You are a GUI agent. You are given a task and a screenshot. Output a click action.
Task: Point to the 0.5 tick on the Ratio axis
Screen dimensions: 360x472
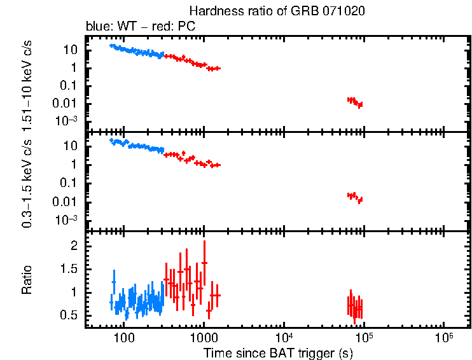coord(72,316)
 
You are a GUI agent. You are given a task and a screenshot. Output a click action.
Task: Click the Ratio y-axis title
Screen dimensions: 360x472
coord(27,280)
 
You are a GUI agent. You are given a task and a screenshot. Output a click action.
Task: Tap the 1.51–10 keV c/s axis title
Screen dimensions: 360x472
coord(27,83)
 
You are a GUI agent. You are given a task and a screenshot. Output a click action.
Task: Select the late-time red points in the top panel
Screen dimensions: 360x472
coord(355,102)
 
